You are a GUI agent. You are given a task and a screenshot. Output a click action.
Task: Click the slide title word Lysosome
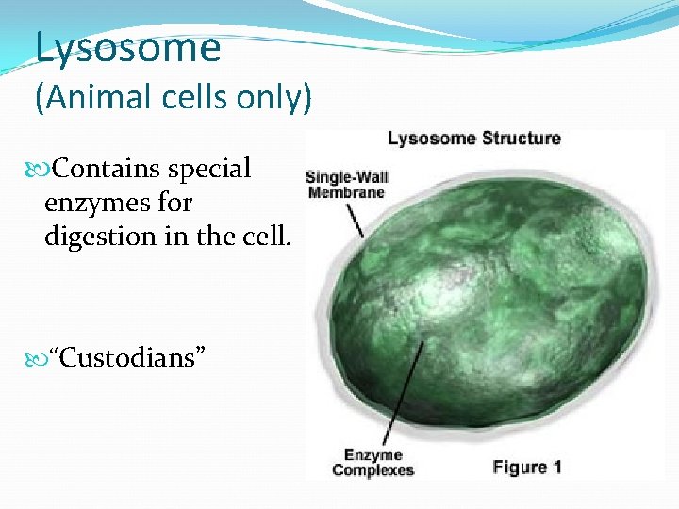tap(127, 47)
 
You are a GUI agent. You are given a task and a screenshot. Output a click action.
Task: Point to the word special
tap(208, 169)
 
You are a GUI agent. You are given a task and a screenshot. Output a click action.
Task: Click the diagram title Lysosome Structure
tap(473, 139)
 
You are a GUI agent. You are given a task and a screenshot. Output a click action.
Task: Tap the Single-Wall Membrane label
tap(346, 185)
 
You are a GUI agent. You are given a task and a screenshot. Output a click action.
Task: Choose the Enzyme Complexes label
tap(373, 463)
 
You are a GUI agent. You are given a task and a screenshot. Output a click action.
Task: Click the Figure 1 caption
tap(527, 467)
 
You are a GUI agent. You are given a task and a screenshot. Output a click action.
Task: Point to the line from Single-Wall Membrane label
tap(356, 221)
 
